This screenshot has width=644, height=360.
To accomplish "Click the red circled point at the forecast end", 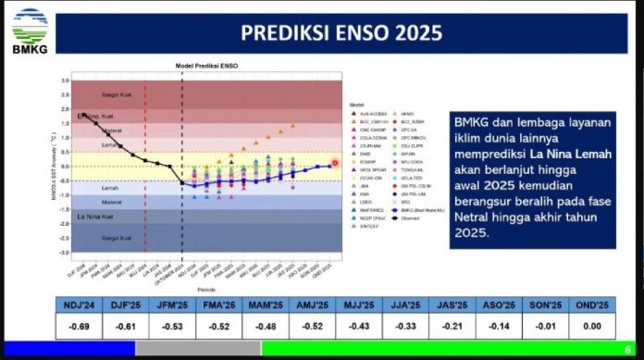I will click(x=335, y=163).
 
